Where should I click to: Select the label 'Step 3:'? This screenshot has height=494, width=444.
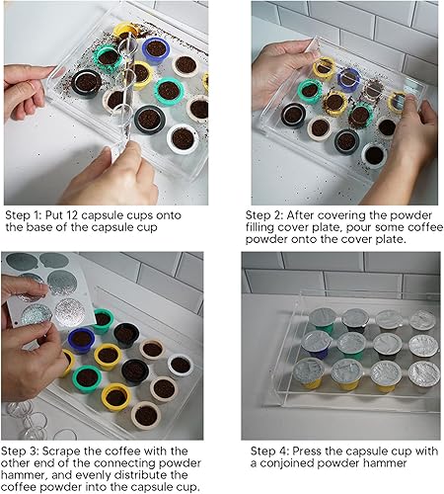click(x=20, y=451)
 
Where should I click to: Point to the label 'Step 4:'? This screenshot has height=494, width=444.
click(x=269, y=451)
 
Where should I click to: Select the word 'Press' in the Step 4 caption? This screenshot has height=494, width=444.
click(x=308, y=451)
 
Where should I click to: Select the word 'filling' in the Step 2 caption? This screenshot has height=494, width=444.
click(x=259, y=227)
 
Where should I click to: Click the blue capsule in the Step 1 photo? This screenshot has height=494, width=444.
click(x=156, y=49)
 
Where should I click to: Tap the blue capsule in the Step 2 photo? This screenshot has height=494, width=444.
click(x=348, y=79)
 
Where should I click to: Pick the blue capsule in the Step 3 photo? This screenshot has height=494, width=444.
click(x=81, y=340)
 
